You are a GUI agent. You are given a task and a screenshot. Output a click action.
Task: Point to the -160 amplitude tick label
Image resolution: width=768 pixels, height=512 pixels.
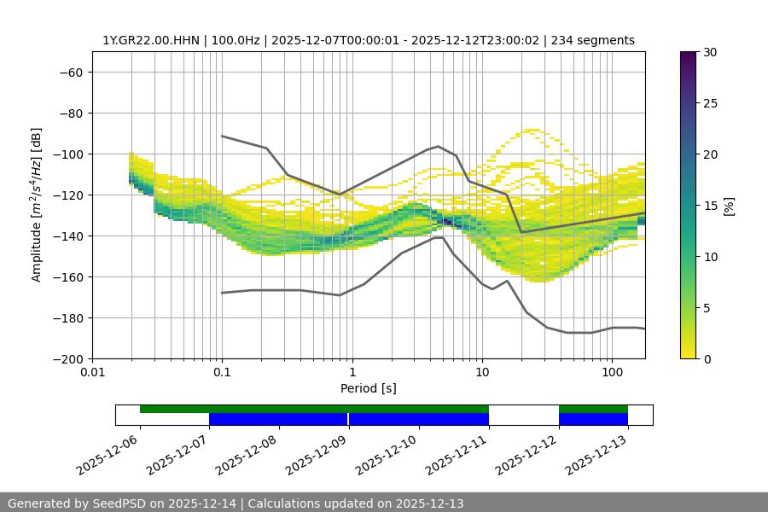pyautogui.click(x=68, y=276)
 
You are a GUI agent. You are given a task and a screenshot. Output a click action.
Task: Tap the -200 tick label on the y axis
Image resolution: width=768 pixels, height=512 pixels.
pyautogui.click(x=68, y=358)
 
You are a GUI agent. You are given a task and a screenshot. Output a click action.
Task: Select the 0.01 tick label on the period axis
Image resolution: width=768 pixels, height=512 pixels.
pyautogui.click(x=92, y=373)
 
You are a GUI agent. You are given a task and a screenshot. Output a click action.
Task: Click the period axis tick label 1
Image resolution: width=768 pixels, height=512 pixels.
pyautogui.click(x=352, y=373)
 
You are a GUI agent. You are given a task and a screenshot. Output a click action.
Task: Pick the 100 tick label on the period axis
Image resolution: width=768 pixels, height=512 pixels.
pyautogui.click(x=612, y=373)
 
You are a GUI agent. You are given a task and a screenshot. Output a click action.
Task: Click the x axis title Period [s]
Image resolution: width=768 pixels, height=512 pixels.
pyautogui.click(x=369, y=388)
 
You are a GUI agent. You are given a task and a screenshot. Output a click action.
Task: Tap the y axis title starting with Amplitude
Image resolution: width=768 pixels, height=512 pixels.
pyautogui.click(x=36, y=205)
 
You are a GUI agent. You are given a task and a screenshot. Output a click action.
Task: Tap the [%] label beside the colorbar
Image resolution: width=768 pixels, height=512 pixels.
pyautogui.click(x=730, y=205)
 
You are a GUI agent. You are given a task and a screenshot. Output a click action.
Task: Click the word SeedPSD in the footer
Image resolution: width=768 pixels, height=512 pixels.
pyautogui.click(x=119, y=503)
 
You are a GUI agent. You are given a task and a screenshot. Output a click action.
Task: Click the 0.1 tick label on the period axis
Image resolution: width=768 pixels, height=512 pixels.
pyautogui.click(x=222, y=373)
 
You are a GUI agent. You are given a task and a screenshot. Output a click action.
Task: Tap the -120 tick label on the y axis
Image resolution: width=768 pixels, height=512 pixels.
pyautogui.click(x=68, y=195)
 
